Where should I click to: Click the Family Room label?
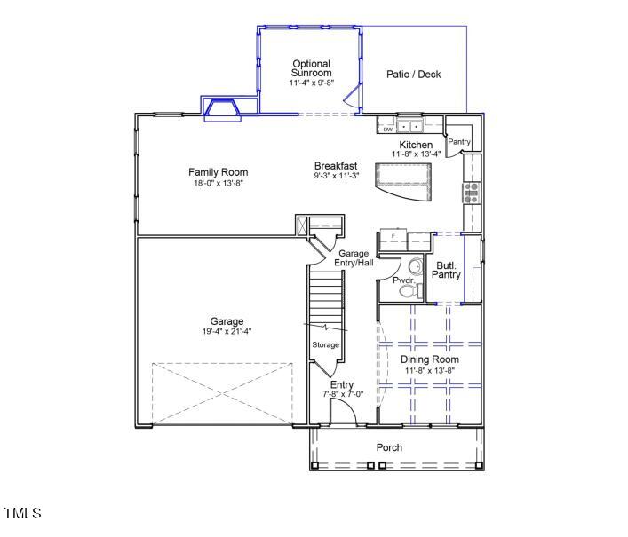(218, 172)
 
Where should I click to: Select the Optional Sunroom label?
(311, 68)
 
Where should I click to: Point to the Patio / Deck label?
(413, 75)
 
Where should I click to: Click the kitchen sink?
(409, 127)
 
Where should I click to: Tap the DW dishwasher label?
(387, 130)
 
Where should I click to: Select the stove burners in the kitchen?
(471, 192)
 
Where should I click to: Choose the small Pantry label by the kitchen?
(459, 142)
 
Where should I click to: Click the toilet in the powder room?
(408, 289)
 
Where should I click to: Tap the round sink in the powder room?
(415, 266)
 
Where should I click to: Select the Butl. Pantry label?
(446, 270)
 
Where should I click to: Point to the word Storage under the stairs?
(325, 344)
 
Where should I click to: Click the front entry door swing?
(342, 413)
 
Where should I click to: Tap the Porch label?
(389, 447)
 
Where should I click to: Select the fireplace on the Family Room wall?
(221, 108)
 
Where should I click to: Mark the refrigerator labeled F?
(392, 241)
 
